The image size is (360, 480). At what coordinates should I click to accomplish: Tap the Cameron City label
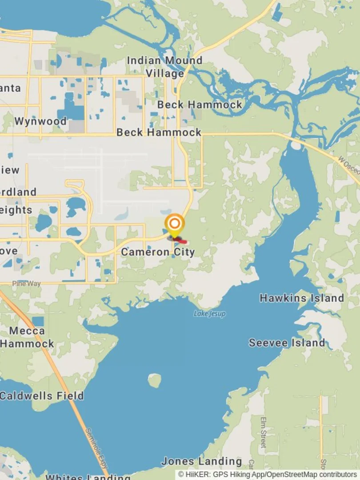(158, 252)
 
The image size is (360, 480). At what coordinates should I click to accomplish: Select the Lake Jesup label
(210, 314)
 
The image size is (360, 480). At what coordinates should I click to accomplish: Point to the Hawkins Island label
(301, 298)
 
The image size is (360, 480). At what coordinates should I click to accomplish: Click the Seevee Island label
(287, 343)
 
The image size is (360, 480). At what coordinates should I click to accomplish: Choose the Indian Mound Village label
(164, 67)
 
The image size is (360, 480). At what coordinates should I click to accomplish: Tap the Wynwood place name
(40, 121)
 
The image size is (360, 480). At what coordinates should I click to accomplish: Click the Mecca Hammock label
(27, 337)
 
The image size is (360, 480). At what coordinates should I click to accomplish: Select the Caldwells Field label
(41, 396)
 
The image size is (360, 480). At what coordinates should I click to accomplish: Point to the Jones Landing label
(201, 461)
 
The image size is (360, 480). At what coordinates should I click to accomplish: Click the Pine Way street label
(26, 284)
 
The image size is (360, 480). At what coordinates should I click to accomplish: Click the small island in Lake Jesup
(154, 380)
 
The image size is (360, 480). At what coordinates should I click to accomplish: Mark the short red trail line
(181, 241)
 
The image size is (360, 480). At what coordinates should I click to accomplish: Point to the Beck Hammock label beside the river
(200, 105)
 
